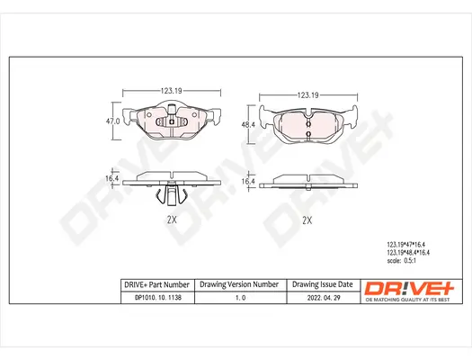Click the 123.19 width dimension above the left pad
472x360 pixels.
pyautogui.click(x=172, y=91)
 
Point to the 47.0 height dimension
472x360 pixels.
pyautogui.click(x=114, y=120)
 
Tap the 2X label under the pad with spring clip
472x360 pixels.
pyautogui.click(x=172, y=220)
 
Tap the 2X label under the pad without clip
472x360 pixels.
pyautogui.click(x=307, y=220)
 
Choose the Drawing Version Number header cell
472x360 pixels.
pyautogui.click(x=239, y=283)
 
